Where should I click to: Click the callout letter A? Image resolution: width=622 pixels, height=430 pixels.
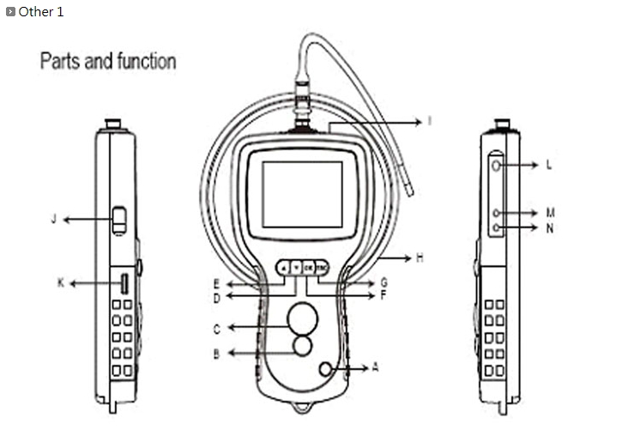374,365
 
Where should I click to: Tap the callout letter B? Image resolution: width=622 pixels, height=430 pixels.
216,354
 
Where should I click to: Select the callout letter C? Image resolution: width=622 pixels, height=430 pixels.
216,328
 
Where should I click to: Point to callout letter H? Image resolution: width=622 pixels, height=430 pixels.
419,256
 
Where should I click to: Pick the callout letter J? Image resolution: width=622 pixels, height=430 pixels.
53,219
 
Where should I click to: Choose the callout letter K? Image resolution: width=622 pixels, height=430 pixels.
60,282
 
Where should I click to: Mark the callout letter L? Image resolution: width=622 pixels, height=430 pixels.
548,163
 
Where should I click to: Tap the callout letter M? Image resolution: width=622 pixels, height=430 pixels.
549,211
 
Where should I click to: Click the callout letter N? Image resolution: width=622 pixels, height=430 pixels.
548,227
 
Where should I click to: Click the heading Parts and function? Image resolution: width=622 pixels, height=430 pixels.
108,62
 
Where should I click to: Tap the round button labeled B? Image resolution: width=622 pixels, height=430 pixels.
302,346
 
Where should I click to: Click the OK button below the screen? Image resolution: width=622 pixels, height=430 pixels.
308,268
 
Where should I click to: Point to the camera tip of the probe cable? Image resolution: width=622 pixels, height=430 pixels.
409,191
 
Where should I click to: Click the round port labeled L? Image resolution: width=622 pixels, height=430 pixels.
498,164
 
